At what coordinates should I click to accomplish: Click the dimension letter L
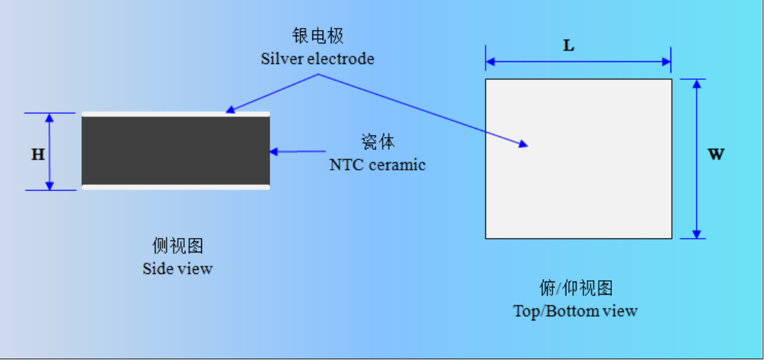click(x=569, y=46)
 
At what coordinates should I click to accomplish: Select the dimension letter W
click(x=716, y=154)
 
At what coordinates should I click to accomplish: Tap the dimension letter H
click(x=38, y=155)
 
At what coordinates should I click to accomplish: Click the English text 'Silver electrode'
click(x=318, y=59)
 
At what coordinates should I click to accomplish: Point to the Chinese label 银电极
click(x=318, y=36)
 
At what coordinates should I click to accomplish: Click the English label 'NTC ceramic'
click(x=378, y=164)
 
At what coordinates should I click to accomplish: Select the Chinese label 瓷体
click(x=378, y=142)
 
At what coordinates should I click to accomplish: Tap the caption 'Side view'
click(x=177, y=269)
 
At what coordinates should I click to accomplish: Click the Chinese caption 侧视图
click(x=177, y=246)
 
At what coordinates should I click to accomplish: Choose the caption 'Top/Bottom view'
click(x=576, y=311)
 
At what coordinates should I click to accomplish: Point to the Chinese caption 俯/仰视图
click(x=576, y=288)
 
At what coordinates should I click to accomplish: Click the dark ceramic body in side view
click(x=175, y=151)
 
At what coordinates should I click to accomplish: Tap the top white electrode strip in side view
click(x=175, y=115)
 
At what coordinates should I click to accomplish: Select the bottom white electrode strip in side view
click(x=175, y=187)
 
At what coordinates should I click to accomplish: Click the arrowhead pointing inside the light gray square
click(x=523, y=144)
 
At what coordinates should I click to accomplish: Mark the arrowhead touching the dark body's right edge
click(x=274, y=151)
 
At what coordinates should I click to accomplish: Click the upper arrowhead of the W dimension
click(x=696, y=83)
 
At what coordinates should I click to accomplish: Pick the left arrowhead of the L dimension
click(x=490, y=62)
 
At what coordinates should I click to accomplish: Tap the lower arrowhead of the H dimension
click(x=49, y=185)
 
